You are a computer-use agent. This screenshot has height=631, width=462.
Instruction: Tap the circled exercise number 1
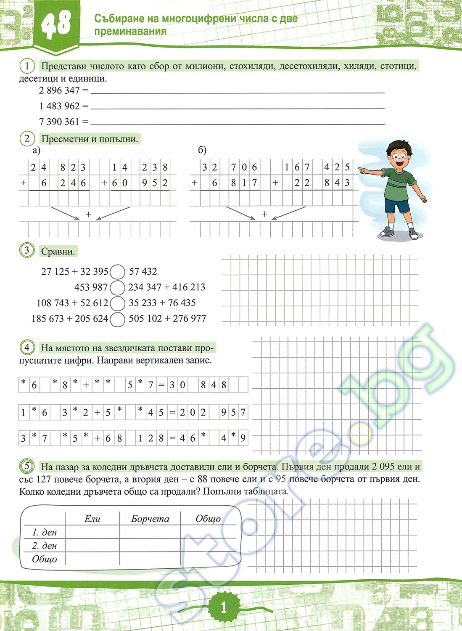coord(27,66)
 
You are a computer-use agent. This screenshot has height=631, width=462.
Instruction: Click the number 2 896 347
coord(59,90)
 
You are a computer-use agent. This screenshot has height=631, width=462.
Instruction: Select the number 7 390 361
coord(59,122)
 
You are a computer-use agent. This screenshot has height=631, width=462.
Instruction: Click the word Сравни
coord(58,252)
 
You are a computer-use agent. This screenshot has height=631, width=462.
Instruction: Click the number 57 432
coord(143,272)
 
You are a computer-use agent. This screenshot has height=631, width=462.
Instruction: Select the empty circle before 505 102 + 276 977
coord(118,319)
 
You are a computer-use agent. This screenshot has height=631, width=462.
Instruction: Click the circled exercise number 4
coord(27,347)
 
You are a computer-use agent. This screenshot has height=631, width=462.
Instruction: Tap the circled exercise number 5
coord(27,466)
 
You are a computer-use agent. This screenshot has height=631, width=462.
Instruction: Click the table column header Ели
coord(92,519)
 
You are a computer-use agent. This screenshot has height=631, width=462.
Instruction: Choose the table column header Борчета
coord(150,519)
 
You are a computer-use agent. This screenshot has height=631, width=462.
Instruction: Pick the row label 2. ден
coord(44,546)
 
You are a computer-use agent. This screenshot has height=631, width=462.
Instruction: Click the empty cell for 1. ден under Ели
coord(92,532)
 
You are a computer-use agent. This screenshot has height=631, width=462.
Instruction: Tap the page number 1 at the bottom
coord(223,607)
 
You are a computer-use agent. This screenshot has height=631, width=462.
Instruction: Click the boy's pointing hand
coord(362,170)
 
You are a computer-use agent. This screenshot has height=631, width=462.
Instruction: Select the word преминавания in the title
coord(130,32)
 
